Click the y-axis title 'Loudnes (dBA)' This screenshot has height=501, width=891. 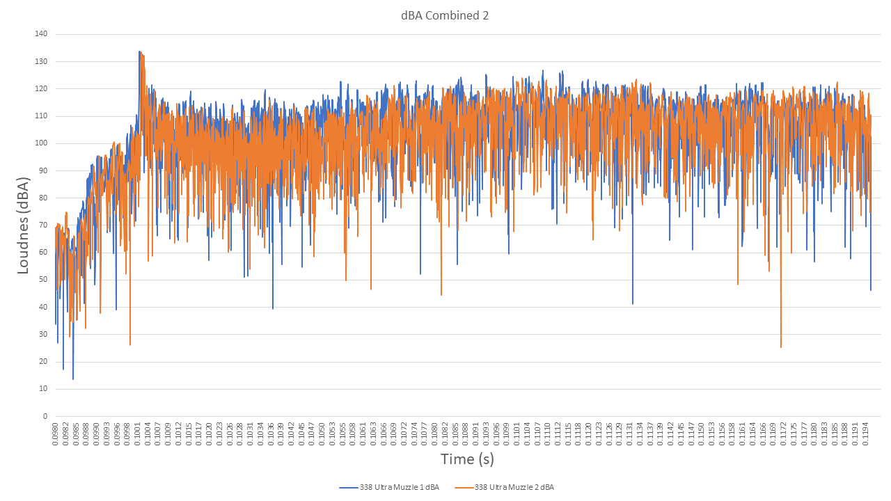[x=24, y=225]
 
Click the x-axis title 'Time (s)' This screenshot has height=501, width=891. [x=467, y=459]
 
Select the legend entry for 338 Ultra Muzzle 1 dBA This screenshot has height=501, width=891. [x=390, y=487]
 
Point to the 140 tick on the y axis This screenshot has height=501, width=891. [x=41, y=34]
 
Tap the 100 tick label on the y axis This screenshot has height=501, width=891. [x=41, y=143]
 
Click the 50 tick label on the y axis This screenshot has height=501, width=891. [x=43, y=280]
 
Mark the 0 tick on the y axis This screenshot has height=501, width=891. [x=45, y=416]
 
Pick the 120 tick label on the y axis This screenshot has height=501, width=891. [x=41, y=88]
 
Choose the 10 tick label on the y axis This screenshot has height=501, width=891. [x=43, y=389]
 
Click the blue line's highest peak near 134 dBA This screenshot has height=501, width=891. [x=140, y=51]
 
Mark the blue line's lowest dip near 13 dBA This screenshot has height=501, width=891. [x=73, y=379]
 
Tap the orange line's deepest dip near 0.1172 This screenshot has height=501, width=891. [x=781, y=347]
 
